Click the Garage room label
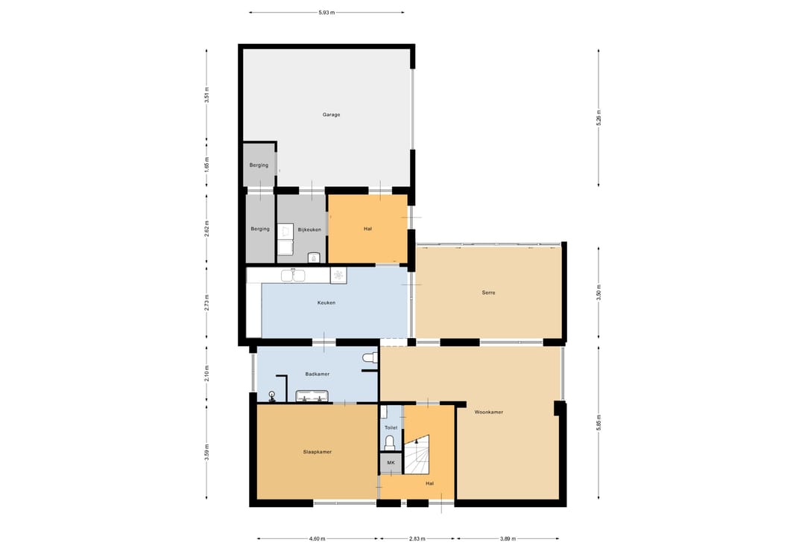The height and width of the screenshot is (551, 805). pos(331,115)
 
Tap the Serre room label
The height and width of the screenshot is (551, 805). pos(489,293)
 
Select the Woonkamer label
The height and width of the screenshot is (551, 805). pos(489,412)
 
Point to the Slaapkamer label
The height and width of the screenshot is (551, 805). pos(318,452)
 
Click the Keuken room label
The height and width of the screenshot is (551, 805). pos(326,303)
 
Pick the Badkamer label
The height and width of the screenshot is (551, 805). pos(318,374)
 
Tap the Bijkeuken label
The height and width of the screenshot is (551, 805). pos(309,229)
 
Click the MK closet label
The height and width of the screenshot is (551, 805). pos(391,462)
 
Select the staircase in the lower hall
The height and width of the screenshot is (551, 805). pos(417,455)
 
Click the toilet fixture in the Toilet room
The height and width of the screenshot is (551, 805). pos(390,442)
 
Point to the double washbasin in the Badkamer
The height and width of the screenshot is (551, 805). pos(312,395)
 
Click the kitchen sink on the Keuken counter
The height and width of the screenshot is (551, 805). pos(293,275)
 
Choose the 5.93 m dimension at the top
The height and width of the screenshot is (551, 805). pos(326,13)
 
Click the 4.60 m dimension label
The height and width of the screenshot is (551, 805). pos(318,538)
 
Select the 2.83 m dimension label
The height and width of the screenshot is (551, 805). pos(417,538)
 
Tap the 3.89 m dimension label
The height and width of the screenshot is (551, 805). pos(508,538)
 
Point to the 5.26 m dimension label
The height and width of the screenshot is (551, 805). pos(599,118)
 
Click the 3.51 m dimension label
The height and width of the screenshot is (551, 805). pos(207,95)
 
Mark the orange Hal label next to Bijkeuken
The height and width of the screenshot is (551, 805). pos(367,229)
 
